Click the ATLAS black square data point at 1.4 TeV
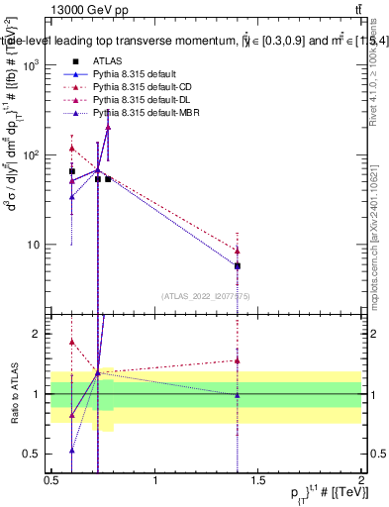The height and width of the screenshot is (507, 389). tap(238, 266)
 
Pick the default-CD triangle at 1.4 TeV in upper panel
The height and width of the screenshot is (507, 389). tap(238, 250)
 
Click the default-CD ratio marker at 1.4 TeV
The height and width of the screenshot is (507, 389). tap(238, 360)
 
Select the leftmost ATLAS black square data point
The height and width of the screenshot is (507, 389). tap(71, 171)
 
